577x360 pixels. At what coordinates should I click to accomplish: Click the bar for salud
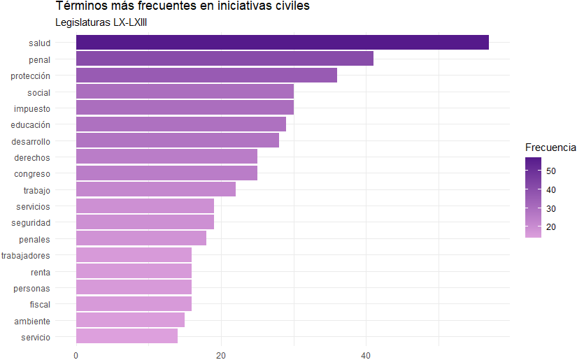tap(282, 43)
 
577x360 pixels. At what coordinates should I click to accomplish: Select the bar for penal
tap(225, 59)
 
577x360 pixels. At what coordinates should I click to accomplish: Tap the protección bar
tap(206, 75)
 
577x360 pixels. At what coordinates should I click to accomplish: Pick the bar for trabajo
tap(155, 189)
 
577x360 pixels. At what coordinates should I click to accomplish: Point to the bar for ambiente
tap(130, 320)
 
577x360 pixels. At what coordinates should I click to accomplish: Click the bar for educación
tap(180, 124)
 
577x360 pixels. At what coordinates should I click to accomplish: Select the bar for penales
tap(141, 238)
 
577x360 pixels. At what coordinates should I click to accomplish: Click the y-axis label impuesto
tap(32, 108)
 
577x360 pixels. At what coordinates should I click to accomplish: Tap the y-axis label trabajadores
tap(26, 255)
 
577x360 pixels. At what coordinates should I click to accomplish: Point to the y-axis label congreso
tap(32, 173)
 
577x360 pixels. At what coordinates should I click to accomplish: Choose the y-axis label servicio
tap(36, 337)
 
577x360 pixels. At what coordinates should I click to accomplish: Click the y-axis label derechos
tap(32, 157)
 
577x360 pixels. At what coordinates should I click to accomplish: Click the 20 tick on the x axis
tap(221, 355)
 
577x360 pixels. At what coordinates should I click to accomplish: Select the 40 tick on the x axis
tap(366, 355)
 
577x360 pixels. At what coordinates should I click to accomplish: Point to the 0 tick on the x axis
tap(76, 355)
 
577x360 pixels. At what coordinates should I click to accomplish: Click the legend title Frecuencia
tap(550, 147)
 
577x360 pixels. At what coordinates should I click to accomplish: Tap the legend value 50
tap(552, 171)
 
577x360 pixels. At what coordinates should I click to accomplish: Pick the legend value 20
tap(552, 227)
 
